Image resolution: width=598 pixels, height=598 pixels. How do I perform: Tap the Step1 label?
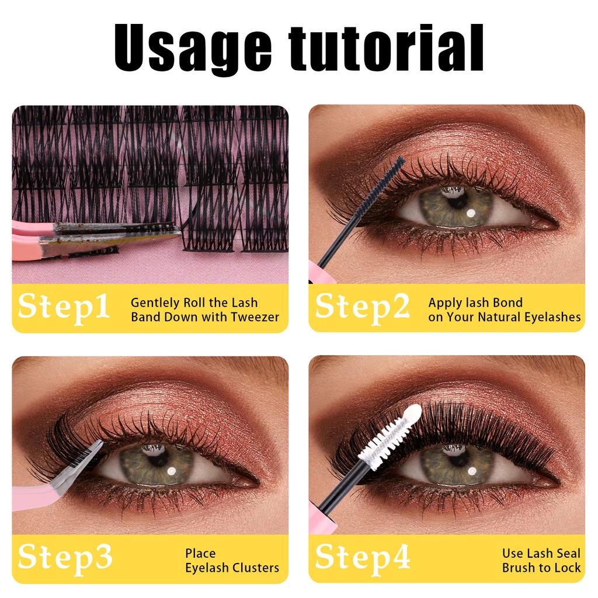pos(64,307)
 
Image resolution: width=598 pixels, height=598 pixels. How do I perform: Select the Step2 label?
pos(363,307)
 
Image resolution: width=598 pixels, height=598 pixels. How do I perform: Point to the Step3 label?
pos(65,558)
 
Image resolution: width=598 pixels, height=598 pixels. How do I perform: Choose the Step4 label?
pos(363,558)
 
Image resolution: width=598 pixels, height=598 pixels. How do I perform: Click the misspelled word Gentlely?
pos(155,303)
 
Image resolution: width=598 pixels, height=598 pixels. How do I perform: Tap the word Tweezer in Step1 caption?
pos(256,318)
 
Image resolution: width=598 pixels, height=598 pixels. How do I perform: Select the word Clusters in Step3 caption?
pos(256,568)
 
